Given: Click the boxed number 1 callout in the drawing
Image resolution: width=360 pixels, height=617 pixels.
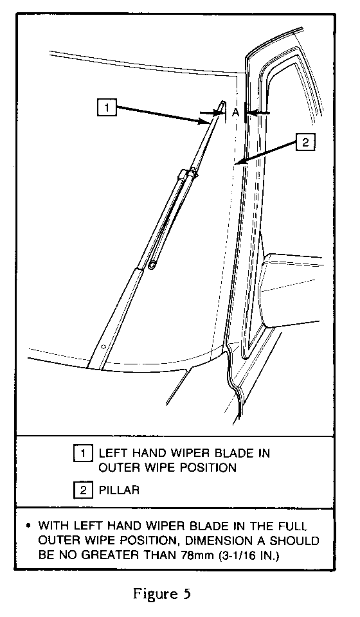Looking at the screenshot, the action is pyautogui.click(x=107, y=107).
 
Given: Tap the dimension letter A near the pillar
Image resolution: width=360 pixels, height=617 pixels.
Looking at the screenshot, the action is pyautogui.click(x=235, y=112).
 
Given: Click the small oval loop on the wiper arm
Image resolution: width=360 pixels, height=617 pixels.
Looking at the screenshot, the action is pyautogui.click(x=152, y=266).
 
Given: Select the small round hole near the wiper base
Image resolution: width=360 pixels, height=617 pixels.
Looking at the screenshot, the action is pyautogui.click(x=103, y=346).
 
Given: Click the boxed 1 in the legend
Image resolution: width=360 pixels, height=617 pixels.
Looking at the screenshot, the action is pyautogui.click(x=83, y=453).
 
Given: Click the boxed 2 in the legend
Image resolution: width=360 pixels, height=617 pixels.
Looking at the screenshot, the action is pyautogui.click(x=83, y=490).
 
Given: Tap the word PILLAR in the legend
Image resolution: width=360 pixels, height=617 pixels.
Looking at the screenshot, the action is pyautogui.click(x=119, y=490).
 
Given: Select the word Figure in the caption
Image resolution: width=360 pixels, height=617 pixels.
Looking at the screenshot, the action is pyautogui.click(x=155, y=594).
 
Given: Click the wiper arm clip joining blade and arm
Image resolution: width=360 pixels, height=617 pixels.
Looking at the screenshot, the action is pyautogui.click(x=188, y=173).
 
